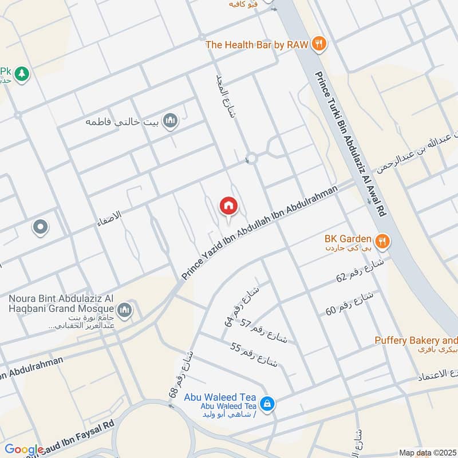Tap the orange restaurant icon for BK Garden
[383, 240]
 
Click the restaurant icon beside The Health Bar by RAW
[319, 44]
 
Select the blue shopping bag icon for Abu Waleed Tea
[266, 404]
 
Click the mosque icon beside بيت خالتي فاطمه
[170, 121]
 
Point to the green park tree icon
[22, 74]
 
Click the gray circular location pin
[40, 227]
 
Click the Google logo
[24, 450]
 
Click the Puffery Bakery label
[416, 340]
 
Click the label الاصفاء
[110, 216]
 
